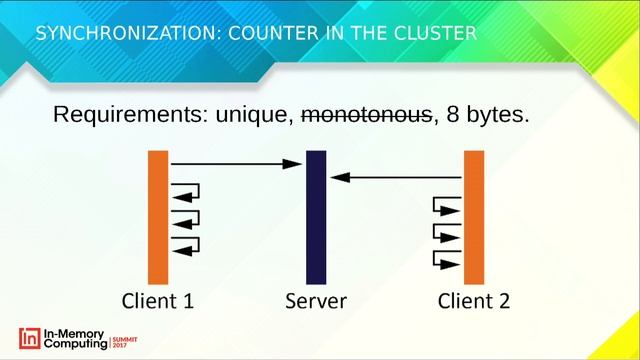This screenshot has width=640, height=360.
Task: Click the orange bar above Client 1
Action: [x=158, y=216]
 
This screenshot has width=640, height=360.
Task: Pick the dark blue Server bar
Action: [x=316, y=216]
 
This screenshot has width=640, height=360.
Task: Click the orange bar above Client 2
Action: [x=474, y=216]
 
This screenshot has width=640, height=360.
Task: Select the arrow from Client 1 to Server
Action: [x=236, y=162]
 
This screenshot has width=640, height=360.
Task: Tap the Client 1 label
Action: [x=157, y=301]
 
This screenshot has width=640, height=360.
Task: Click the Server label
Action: [x=316, y=301]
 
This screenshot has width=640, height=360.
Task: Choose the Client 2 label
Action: [x=474, y=301]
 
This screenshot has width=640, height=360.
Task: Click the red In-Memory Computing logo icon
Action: [x=30, y=337]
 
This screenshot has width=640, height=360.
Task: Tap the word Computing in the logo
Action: [x=74, y=344]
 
